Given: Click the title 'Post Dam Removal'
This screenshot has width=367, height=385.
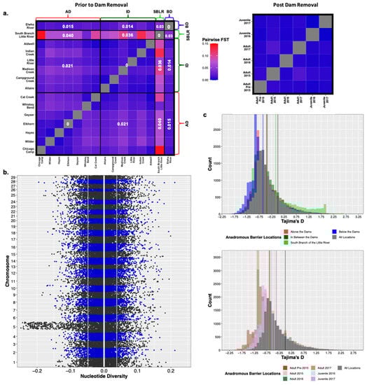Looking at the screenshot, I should pyautogui.click(x=285, y=4).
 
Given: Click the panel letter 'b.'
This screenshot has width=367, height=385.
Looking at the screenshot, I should pyautogui.click(x=6, y=170).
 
